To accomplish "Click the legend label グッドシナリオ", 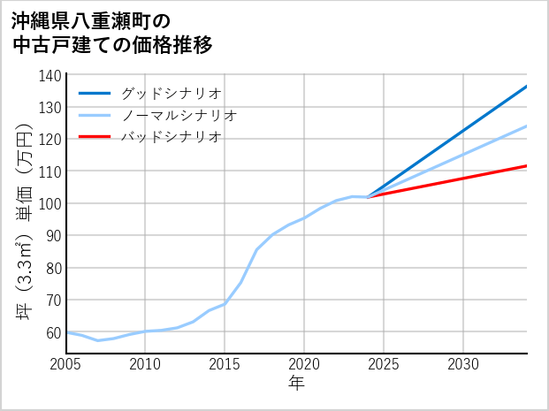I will [171, 93].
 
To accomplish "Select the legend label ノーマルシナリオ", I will [179, 115].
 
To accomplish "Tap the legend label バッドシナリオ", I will [171, 137].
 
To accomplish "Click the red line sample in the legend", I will [95, 137].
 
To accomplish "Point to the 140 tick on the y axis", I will [50, 75].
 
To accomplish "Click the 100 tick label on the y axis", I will [50, 203].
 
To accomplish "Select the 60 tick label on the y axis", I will [54, 331].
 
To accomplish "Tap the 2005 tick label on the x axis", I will [66, 364].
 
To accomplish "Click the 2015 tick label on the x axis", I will [225, 364].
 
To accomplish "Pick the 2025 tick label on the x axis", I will [384, 364].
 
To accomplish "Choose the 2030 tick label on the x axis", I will [463, 364].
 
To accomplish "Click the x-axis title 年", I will [297, 384].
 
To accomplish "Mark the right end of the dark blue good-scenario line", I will [526, 87].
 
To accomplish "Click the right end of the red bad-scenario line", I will [526, 165].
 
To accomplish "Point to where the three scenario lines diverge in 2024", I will [369, 196].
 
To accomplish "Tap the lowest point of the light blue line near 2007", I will [98, 340].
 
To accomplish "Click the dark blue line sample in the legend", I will [95, 93].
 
